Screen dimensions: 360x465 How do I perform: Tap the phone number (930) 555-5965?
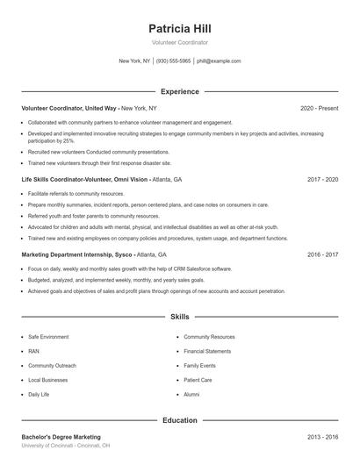174,61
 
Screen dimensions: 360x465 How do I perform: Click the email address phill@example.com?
219,61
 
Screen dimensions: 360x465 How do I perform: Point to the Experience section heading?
180,91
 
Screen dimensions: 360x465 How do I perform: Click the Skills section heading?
180,316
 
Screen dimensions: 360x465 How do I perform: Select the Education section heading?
180,420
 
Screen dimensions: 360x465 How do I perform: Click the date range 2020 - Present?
319,108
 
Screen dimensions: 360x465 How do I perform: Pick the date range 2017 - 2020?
322,179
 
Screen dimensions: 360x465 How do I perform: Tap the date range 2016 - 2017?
322,254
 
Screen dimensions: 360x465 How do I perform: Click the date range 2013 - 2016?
322,437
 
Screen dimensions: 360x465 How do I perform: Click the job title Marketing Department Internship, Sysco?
77,254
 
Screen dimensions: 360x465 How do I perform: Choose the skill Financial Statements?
207,351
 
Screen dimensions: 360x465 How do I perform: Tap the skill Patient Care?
198,380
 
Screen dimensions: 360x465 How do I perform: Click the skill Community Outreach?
52,366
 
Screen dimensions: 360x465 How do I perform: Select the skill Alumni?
191,395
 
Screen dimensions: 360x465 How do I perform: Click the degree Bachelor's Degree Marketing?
61,437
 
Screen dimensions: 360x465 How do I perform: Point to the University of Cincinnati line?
66,446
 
